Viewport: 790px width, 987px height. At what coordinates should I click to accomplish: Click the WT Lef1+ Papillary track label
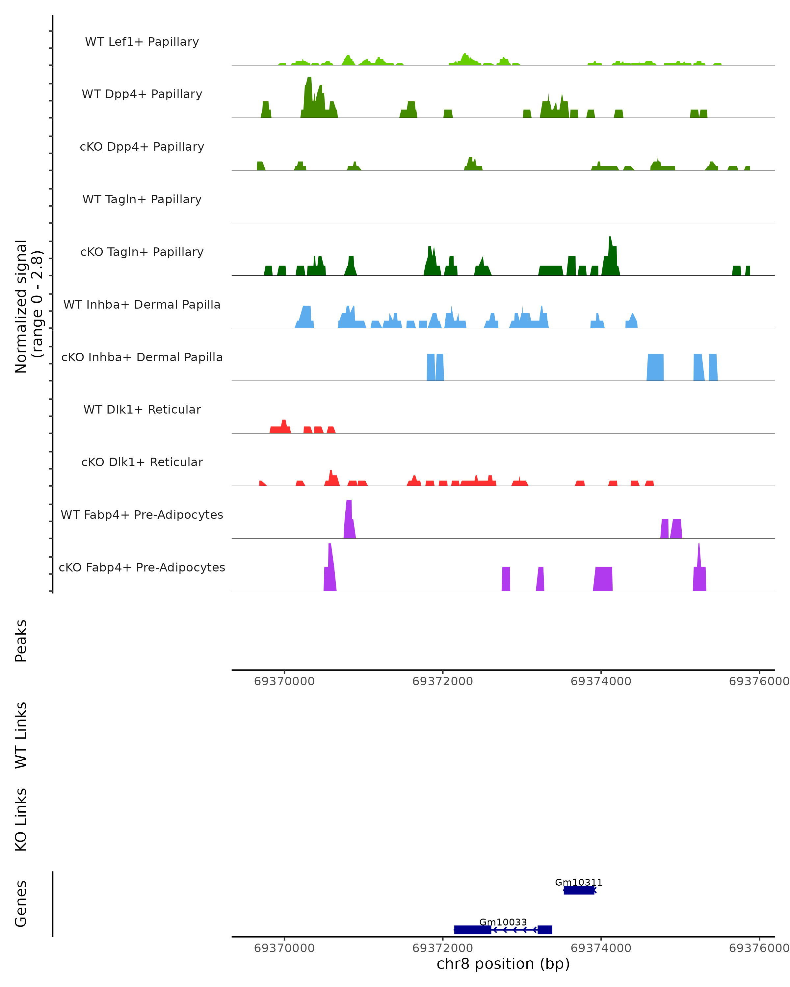[x=142, y=42]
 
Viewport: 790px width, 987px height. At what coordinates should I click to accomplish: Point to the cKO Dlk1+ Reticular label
[x=142, y=462]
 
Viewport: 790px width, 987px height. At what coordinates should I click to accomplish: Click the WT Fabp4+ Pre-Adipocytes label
[x=142, y=515]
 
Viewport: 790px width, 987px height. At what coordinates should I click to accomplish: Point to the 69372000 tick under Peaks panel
[x=442, y=681]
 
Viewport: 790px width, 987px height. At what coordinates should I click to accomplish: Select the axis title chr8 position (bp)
[x=503, y=964]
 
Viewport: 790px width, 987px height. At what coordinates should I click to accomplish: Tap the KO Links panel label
[x=21, y=820]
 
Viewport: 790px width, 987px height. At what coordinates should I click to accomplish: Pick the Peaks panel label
[x=21, y=641]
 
